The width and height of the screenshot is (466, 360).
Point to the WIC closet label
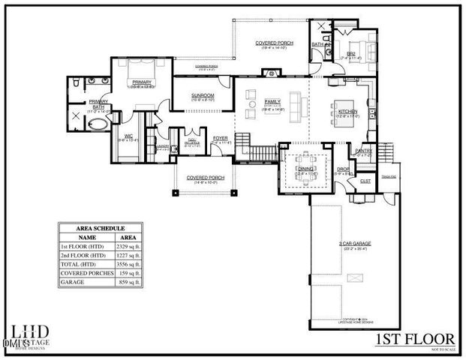click(128, 136)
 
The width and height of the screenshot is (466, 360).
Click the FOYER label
click(220, 138)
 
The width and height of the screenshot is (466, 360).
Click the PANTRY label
click(364, 151)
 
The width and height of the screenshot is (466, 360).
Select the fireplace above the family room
click(268, 73)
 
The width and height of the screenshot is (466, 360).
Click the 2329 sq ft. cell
click(130, 246)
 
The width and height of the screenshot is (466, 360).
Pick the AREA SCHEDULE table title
click(101, 227)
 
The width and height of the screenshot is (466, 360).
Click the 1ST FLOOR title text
click(415, 340)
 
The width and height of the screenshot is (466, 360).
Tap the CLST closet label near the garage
click(365, 180)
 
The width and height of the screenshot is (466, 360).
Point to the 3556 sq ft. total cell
click(130, 265)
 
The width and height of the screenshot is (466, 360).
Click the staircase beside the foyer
click(262, 153)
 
